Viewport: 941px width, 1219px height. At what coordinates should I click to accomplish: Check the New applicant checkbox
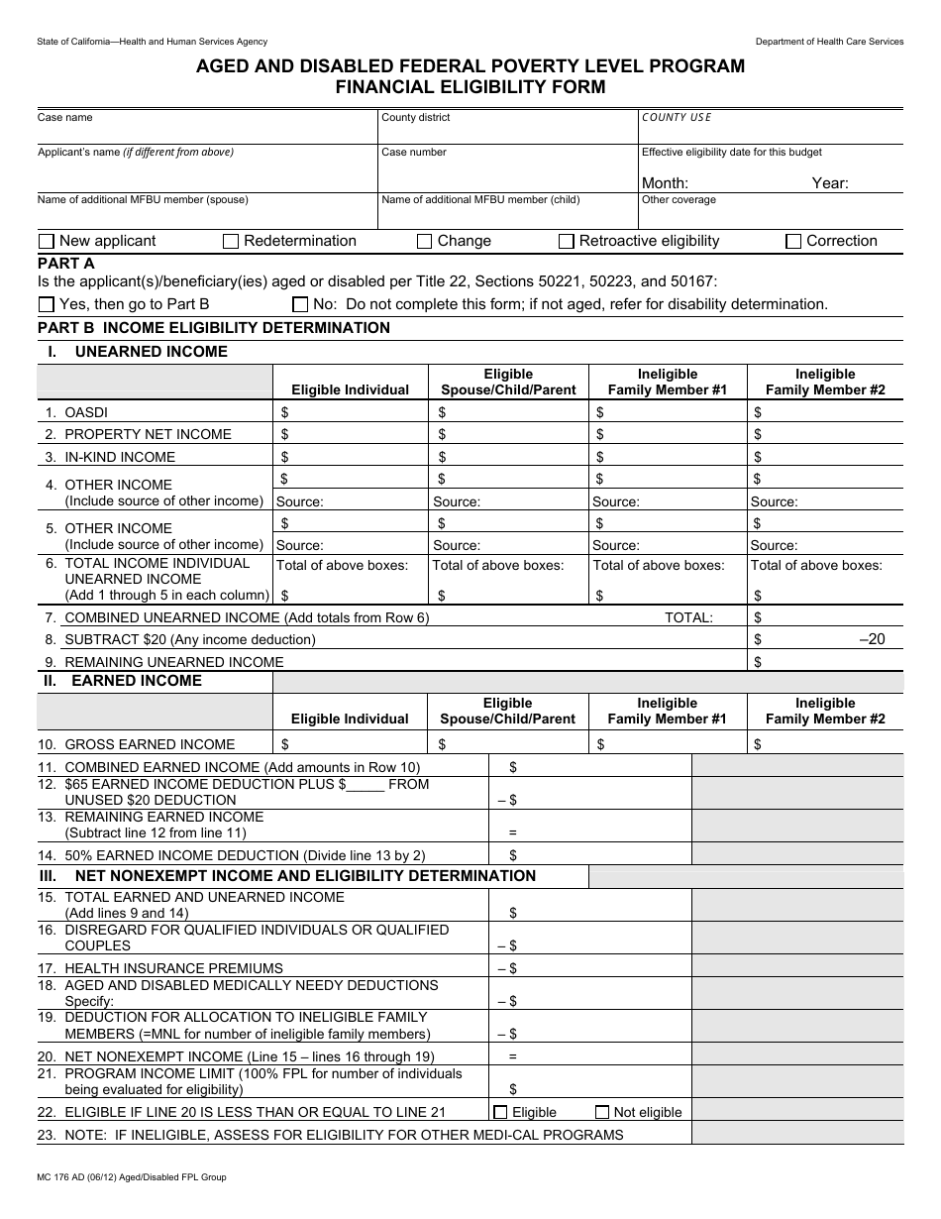tap(47, 242)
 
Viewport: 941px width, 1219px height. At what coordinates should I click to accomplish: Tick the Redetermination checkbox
tap(231, 242)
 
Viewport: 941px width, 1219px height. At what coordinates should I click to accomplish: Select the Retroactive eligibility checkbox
tap(567, 242)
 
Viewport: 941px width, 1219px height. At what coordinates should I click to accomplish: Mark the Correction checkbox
tap(793, 242)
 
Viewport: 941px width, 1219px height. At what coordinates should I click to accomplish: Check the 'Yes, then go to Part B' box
tap(47, 305)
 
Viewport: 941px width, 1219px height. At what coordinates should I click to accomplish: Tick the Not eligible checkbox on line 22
tap(601, 1112)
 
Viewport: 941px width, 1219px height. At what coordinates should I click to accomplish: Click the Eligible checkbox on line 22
tap(500, 1112)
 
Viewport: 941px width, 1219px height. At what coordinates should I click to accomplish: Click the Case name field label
tap(65, 118)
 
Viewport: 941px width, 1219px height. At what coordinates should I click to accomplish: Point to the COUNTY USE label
tap(677, 118)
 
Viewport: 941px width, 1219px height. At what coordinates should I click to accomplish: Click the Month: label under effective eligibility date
tap(665, 183)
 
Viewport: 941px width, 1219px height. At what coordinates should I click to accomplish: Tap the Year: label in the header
tap(830, 183)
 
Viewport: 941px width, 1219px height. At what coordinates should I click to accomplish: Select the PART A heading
tap(66, 264)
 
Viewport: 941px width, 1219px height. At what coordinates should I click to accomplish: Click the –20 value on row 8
tap(872, 639)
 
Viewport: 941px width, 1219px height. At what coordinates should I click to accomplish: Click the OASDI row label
tap(86, 412)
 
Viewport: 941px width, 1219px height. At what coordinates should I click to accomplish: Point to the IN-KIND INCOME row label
tap(120, 457)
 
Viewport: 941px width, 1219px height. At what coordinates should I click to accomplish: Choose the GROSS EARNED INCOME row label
tap(150, 744)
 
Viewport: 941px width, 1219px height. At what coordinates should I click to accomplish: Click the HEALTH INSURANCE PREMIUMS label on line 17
tap(173, 968)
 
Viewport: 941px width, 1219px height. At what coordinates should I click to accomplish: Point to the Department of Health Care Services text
tap(829, 42)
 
